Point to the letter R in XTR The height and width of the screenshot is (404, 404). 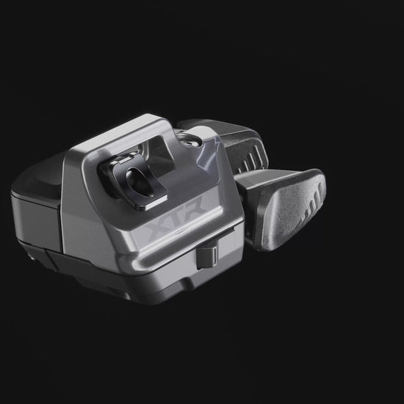196,202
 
